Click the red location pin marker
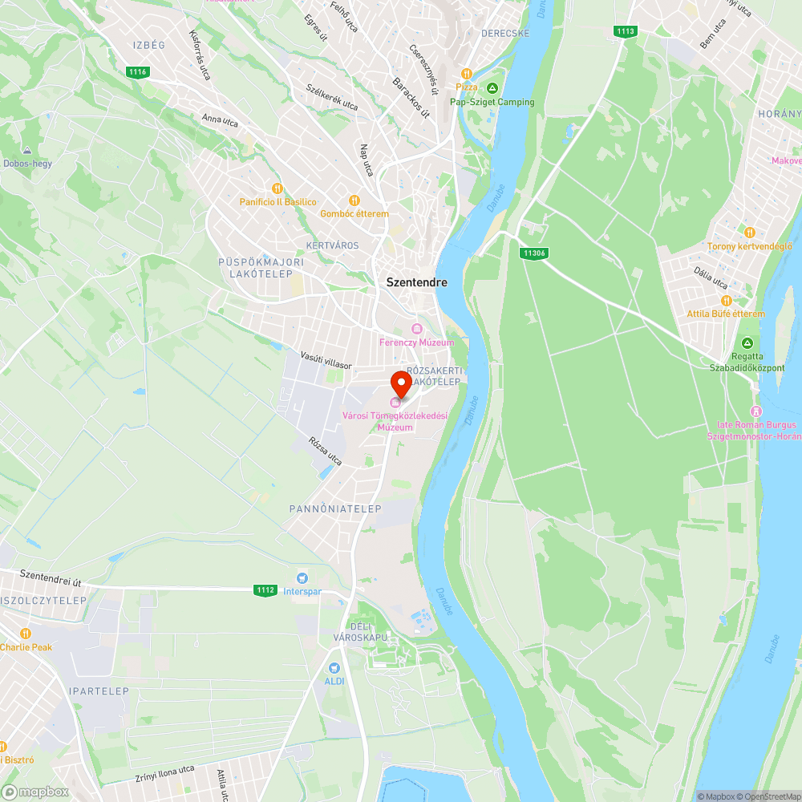pos(401,383)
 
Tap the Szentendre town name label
pos(416,282)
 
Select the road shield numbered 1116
pos(138,72)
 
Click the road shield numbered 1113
pos(626,31)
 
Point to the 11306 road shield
pos(533,253)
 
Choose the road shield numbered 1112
pos(266,590)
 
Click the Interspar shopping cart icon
pos(302,577)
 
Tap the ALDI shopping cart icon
pos(334,667)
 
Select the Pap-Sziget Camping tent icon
pos(492,88)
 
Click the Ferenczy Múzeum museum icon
pos(416,329)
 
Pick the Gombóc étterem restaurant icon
pos(354,200)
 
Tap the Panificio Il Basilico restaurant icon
pos(277,188)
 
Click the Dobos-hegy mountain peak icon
pos(27,150)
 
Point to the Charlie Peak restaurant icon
pos(26,634)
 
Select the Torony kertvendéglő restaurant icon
pos(749,233)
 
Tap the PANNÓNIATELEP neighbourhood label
pos(335,508)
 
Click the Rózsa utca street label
pos(325,452)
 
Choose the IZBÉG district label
pos(149,45)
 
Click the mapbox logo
pos(36,791)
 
